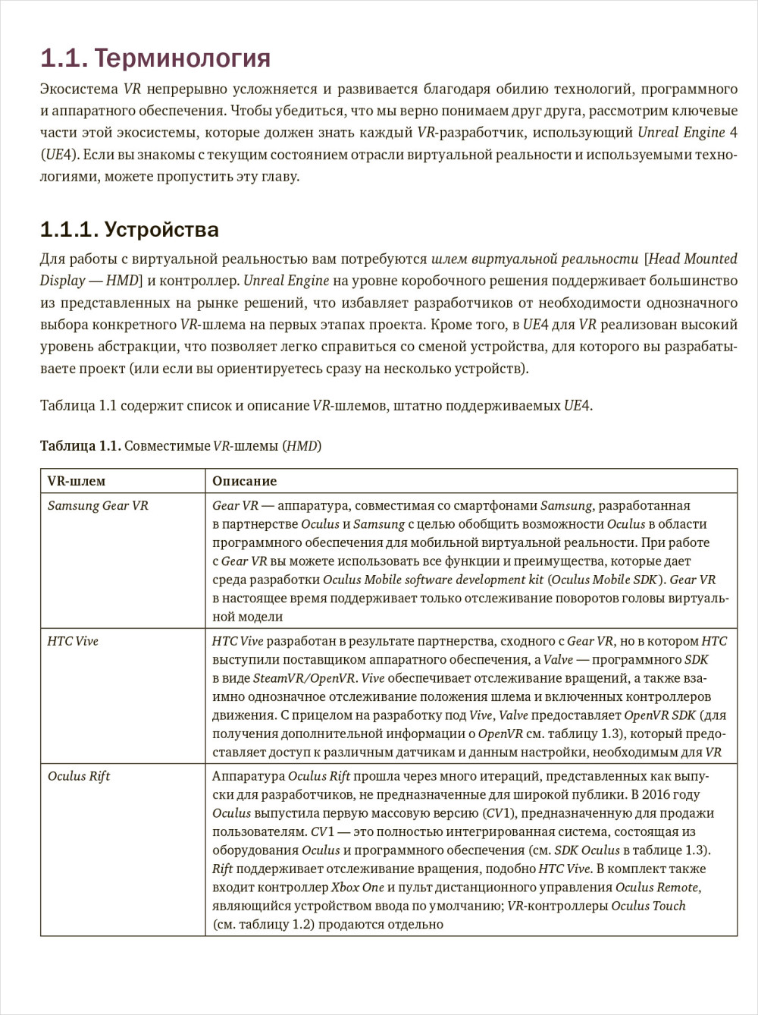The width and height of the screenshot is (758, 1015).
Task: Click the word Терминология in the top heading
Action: pyautogui.click(x=182, y=58)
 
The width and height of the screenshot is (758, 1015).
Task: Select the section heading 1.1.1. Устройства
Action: pyautogui.click(x=130, y=229)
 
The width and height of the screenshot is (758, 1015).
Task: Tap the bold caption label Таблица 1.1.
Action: pyautogui.click(x=80, y=446)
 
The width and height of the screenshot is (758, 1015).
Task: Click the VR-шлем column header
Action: pyautogui.click(x=77, y=481)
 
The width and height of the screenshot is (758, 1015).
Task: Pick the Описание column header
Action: pyautogui.click(x=244, y=481)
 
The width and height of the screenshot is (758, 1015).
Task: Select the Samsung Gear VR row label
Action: pyautogui.click(x=98, y=506)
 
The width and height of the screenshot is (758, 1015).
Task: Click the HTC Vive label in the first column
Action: pyautogui.click(x=73, y=641)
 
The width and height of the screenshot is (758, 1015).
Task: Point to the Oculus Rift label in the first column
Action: pyautogui.click(x=79, y=776)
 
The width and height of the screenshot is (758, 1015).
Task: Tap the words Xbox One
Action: pyautogui.click(x=358, y=888)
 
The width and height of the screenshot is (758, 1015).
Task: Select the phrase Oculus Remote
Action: pyautogui.click(x=657, y=888)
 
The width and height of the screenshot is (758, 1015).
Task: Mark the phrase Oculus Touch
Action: pyautogui.click(x=648, y=906)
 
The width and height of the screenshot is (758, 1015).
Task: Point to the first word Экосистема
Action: pyautogui.click(x=79, y=89)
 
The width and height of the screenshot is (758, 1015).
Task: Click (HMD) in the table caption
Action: pyautogui.click(x=302, y=446)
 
